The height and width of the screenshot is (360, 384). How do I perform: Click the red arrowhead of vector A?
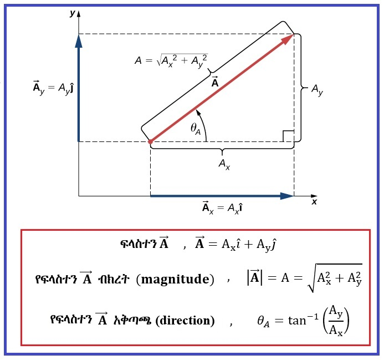coord(287,39)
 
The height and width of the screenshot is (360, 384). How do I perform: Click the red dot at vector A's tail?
coord(150,141)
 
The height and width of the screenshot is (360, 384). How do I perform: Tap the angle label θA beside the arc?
coord(196,129)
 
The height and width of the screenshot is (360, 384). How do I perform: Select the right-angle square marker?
coord(288,136)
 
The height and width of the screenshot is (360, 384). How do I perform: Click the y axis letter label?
coord(72,13)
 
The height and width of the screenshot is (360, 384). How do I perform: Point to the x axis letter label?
coord(314,202)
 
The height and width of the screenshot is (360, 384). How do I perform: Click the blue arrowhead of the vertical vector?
coord(79,40)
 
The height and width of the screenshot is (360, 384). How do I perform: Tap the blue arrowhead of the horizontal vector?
coord(287,196)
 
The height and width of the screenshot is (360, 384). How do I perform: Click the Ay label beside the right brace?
coord(317,90)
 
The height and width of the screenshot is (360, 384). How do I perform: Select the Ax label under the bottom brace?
coord(224,164)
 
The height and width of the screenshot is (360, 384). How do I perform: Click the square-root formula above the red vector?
coord(171,60)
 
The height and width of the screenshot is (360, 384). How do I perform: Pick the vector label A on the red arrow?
coord(215,82)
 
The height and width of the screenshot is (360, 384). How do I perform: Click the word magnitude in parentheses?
coord(175,280)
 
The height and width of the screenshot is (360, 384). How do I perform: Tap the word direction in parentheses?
coord(185,320)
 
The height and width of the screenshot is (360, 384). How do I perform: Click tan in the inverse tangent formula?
coord(297,321)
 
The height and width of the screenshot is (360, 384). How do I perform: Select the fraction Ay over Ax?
coord(336,321)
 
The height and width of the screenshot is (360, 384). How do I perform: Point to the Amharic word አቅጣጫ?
coord(132,320)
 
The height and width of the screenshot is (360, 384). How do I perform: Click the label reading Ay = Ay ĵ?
coord(53,88)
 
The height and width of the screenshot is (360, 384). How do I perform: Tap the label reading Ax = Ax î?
coord(222,207)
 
